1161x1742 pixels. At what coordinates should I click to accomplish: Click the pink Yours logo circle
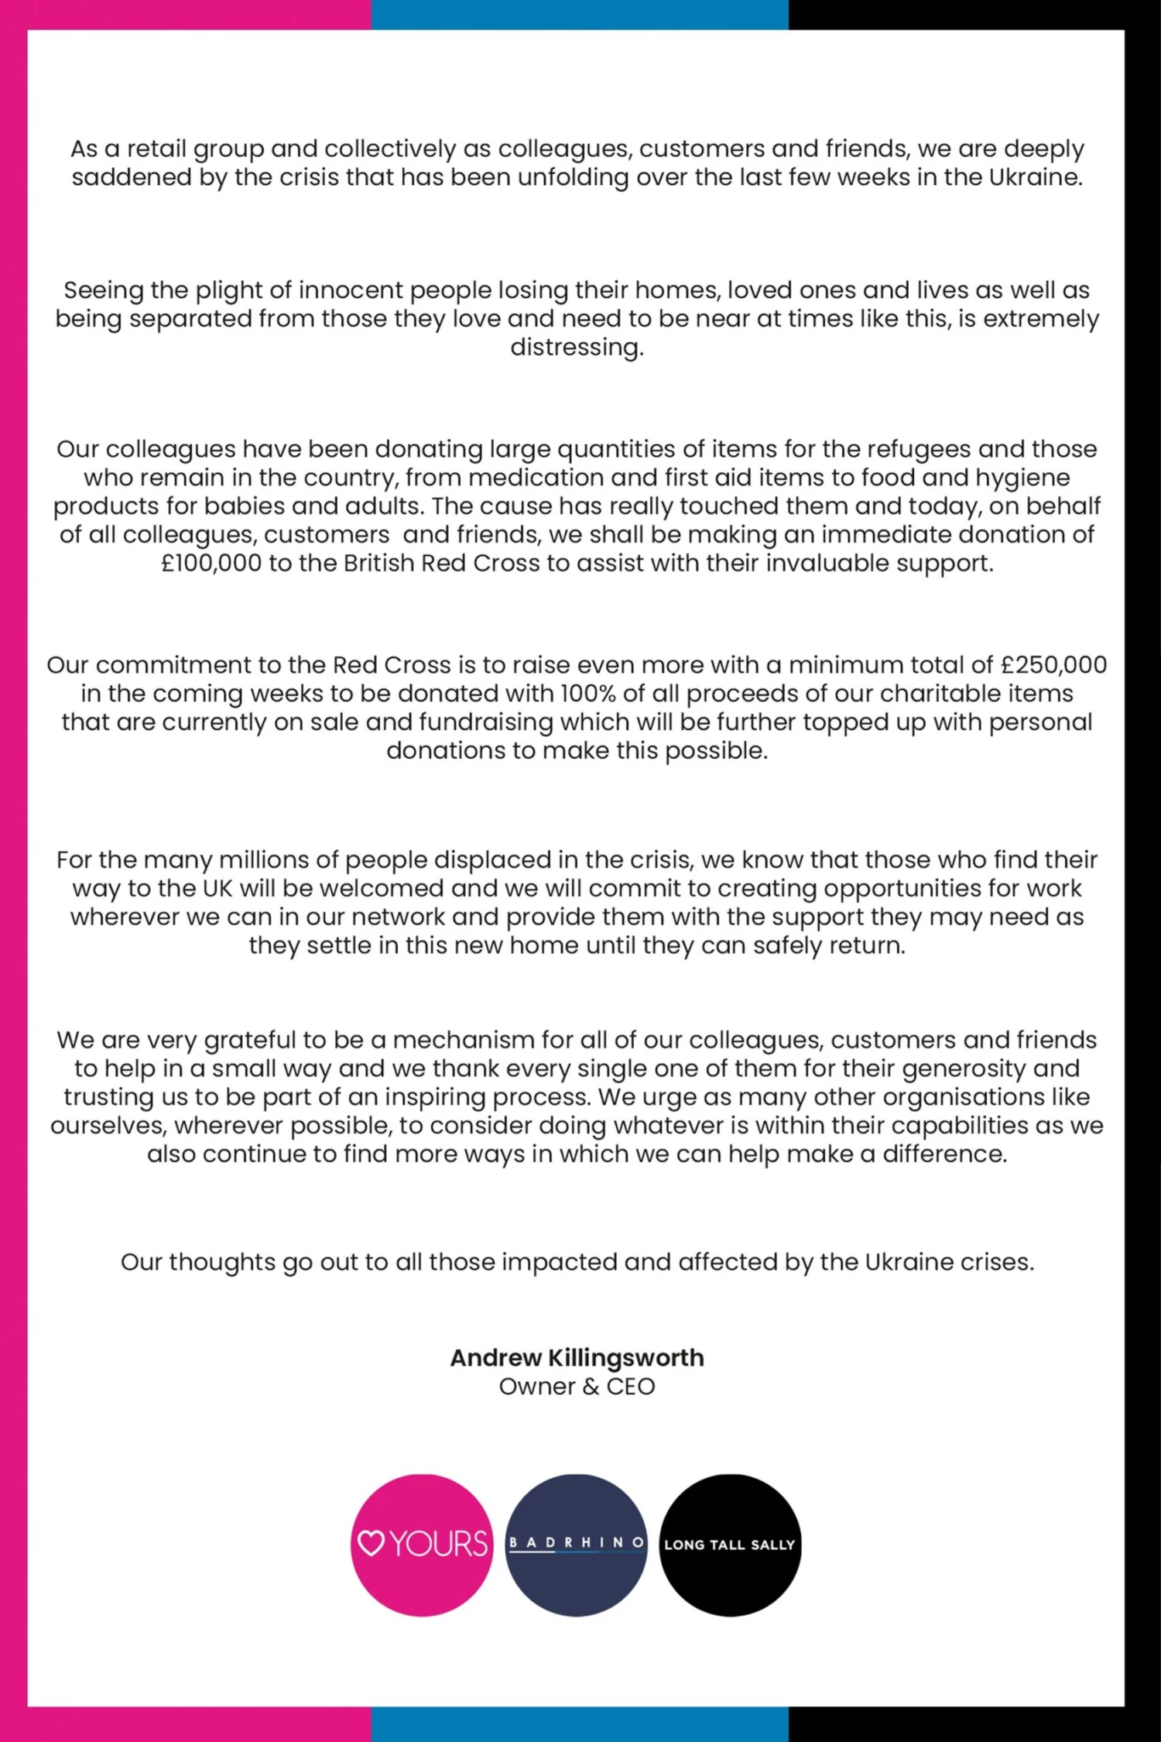point(422,1545)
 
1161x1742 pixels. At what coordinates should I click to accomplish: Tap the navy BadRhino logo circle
point(576,1545)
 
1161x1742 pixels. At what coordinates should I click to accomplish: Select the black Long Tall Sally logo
point(730,1545)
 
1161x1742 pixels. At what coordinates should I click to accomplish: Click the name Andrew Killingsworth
point(577,1357)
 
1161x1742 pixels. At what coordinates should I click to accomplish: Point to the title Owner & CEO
point(577,1386)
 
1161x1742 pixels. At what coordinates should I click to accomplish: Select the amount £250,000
point(1053,664)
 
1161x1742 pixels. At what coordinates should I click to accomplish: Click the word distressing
point(577,347)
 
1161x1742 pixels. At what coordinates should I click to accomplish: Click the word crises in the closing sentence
point(997,1262)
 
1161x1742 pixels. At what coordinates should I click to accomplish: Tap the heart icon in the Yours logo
point(372,1545)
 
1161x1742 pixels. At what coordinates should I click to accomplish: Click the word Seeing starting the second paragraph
point(102,291)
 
